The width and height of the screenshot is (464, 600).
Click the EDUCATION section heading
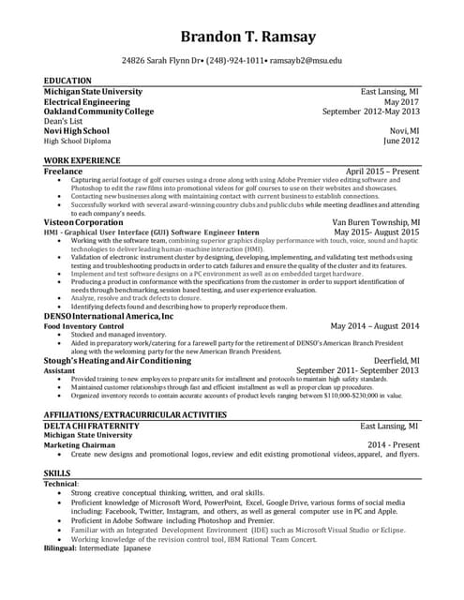tap(67, 82)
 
